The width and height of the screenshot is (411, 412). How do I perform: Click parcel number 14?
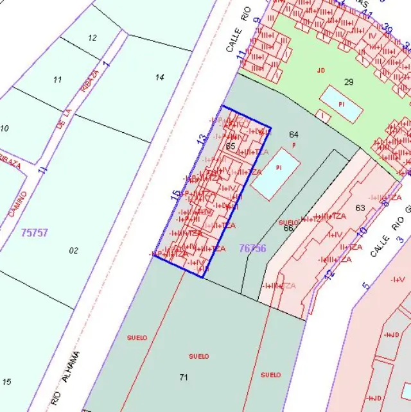[x=160, y=78]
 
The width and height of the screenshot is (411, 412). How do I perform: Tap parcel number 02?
[x=73, y=250]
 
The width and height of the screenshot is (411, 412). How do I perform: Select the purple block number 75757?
[x=34, y=232]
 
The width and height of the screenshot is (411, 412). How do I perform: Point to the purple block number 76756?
[x=252, y=248]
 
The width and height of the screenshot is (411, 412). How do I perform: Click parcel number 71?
[x=184, y=377]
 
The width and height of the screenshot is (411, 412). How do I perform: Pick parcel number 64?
[x=293, y=134]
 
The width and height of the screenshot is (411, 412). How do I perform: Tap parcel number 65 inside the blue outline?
[x=231, y=146]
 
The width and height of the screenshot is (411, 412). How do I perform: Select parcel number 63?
[x=360, y=207]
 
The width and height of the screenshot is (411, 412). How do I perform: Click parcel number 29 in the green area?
[x=349, y=82]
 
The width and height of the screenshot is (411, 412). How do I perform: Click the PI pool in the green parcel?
[x=341, y=103]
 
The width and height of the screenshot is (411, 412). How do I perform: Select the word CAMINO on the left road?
[x=17, y=203]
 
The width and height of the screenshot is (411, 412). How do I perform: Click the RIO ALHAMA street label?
[x=66, y=379]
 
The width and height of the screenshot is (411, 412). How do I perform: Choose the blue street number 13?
[x=202, y=138]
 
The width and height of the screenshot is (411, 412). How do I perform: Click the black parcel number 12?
[x=92, y=38]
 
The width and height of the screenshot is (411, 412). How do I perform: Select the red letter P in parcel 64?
[x=293, y=146]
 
